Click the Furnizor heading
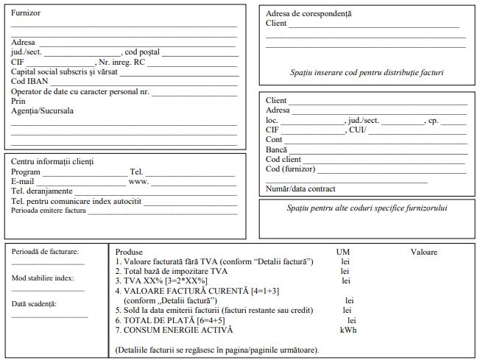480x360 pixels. click(x=26, y=13)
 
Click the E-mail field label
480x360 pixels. click(x=23, y=181)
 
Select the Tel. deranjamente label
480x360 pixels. click(x=41, y=191)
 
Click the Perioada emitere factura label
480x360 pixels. click(x=48, y=211)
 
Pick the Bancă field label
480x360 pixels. click(x=277, y=149)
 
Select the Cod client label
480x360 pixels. click(x=283, y=159)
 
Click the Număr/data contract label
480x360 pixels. click(x=300, y=188)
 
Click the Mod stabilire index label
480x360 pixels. click(x=43, y=278)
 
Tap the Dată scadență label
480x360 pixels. click(x=34, y=303)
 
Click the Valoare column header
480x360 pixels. click(x=423, y=252)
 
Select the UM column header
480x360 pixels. click(x=343, y=252)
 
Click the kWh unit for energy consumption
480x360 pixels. click(x=347, y=330)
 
